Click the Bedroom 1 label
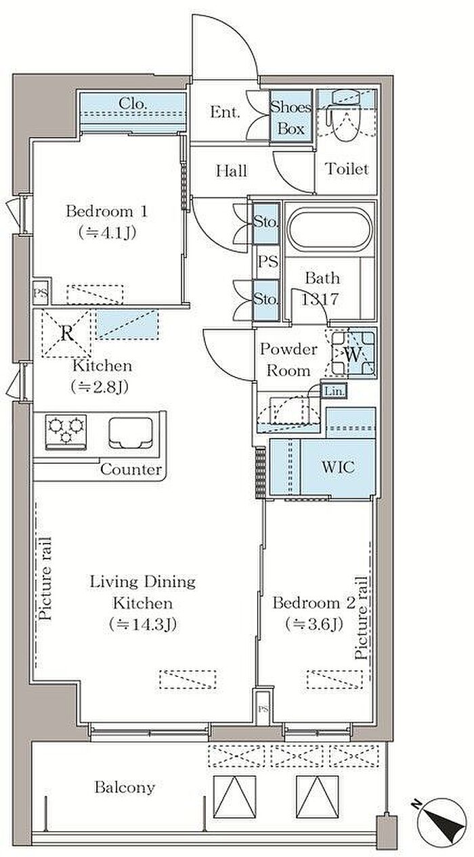coord(107,212)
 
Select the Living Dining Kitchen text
coord(143,592)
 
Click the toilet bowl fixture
coord(344,115)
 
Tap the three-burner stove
coord(66,433)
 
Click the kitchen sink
coord(131,433)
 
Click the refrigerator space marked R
coord(67,334)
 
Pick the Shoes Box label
coord(290,118)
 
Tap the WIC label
coord(338,467)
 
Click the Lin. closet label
coord(335,391)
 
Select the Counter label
coord(131,469)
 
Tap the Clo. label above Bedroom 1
coord(133,104)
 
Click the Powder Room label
coord(289,359)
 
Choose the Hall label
coord(232,171)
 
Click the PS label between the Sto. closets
coord(268,261)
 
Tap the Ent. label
coord(225,112)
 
